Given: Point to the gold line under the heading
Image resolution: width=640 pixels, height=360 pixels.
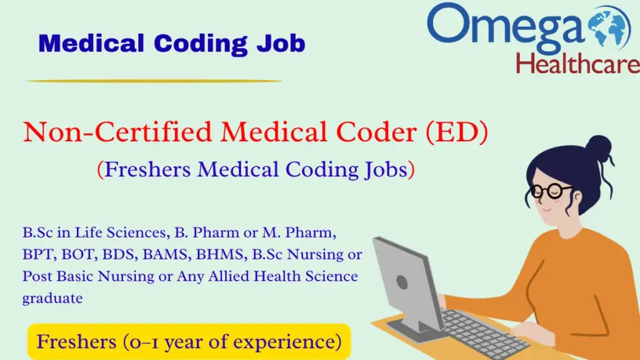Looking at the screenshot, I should [154, 81].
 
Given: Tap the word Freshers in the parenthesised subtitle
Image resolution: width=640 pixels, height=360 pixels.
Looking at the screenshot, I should [147, 169].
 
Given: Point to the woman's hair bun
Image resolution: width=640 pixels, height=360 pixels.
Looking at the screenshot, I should [598, 148].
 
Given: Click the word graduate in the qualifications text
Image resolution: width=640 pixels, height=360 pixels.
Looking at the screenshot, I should [52, 298].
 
